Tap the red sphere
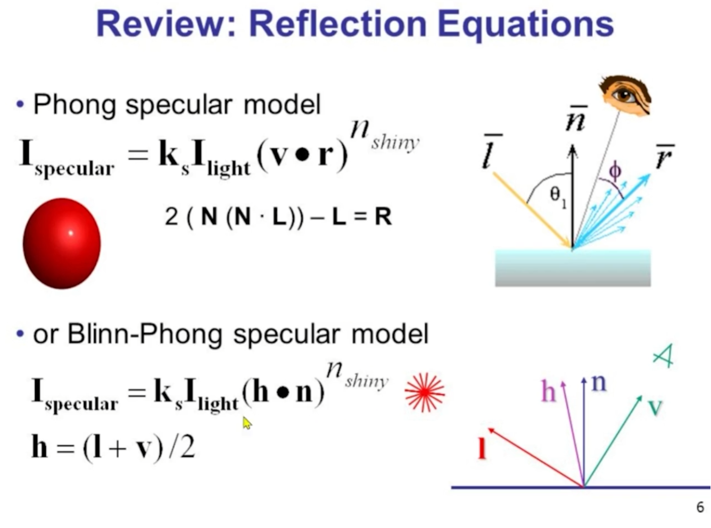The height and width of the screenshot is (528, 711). point(62,244)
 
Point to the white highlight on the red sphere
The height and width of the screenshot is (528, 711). point(71,232)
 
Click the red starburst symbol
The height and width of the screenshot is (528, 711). point(425,392)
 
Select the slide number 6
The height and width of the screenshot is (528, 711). point(700,507)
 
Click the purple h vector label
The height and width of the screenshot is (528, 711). point(548,392)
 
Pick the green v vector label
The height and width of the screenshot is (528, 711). point(655,407)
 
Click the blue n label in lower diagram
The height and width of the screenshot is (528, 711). point(599,382)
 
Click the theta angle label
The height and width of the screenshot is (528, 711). point(557,196)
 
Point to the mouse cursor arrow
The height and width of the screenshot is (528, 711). point(247,423)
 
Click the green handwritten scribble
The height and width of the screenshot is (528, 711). point(664,356)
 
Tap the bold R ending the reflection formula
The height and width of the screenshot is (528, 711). point(383,216)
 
